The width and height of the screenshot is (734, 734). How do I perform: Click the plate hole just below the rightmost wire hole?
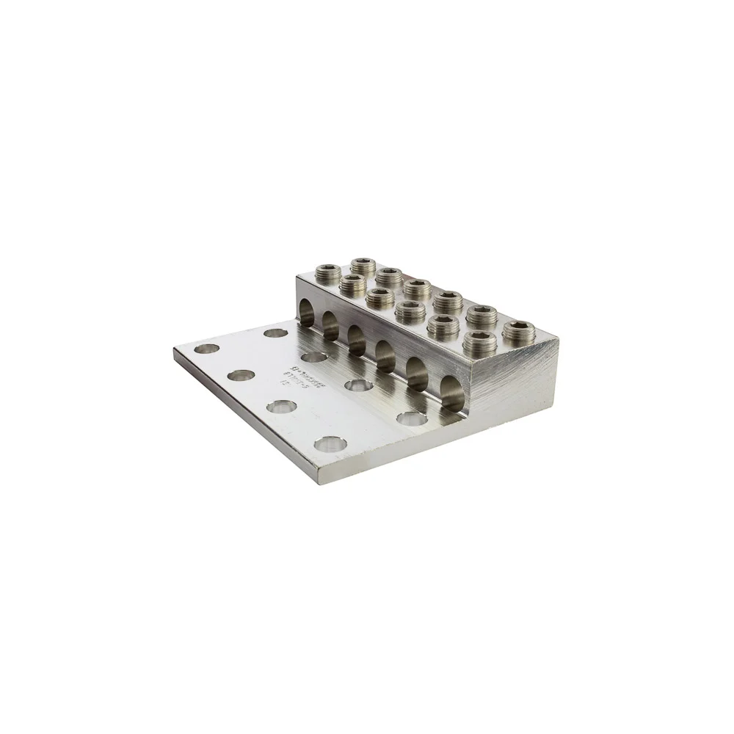(x=406, y=418)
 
